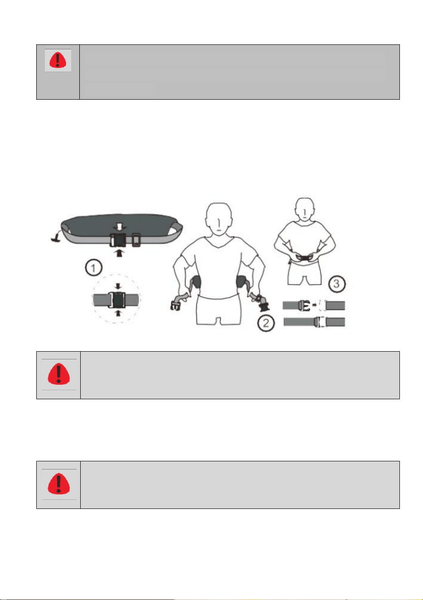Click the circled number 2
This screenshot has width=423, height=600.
pyautogui.click(x=266, y=323)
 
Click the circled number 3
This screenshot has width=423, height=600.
pyautogui.click(x=336, y=283)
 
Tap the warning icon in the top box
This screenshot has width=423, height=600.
pyautogui.click(x=58, y=60)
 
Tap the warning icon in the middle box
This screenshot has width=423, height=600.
pyautogui.click(x=58, y=374)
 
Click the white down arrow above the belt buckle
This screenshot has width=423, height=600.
pyautogui.click(x=119, y=227)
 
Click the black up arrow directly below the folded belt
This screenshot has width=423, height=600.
pyautogui.click(x=119, y=253)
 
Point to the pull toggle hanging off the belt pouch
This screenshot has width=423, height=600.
pyautogui.click(x=55, y=237)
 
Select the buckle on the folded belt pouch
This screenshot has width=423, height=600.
pyautogui.click(x=118, y=240)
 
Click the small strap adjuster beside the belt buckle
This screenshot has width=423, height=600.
pyautogui.click(x=136, y=240)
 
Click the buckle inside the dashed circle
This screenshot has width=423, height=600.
pyautogui.click(x=117, y=300)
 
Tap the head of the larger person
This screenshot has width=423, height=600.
pyautogui.click(x=219, y=218)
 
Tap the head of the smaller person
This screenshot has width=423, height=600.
pyautogui.click(x=305, y=209)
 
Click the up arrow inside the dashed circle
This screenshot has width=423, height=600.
pyautogui.click(x=118, y=313)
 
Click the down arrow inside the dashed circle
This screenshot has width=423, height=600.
pyautogui.click(x=118, y=286)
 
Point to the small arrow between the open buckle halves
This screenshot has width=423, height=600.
pyautogui.click(x=315, y=305)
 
